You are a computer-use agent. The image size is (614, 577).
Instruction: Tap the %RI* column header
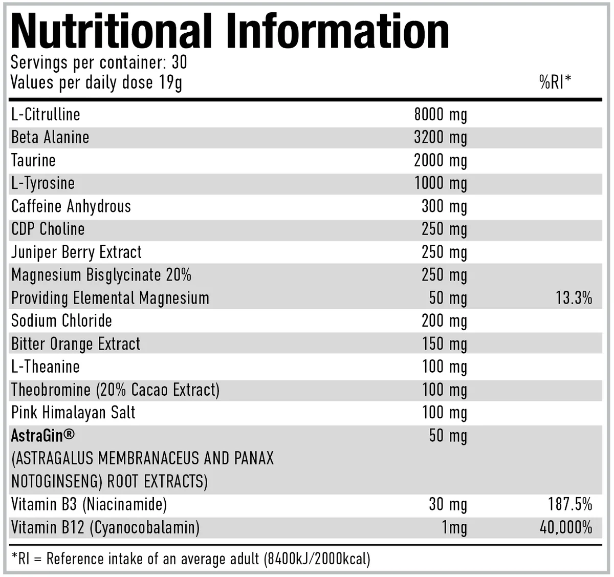pyautogui.click(x=555, y=82)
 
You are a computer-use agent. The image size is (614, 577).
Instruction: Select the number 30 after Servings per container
pyautogui.click(x=179, y=62)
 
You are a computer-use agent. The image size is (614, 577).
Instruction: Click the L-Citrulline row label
pyautogui.click(x=46, y=114)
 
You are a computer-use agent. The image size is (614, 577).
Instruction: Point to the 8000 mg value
pyautogui.click(x=440, y=115)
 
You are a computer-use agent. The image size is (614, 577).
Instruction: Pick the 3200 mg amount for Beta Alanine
pyautogui.click(x=440, y=138)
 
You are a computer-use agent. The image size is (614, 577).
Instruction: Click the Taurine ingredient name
pyautogui.click(x=33, y=160)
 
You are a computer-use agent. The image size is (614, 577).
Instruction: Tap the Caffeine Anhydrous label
pyautogui.click(x=71, y=206)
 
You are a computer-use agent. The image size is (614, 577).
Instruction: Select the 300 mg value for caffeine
pyautogui.click(x=444, y=206)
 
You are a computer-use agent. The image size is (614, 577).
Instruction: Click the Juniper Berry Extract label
pyautogui.click(x=76, y=252)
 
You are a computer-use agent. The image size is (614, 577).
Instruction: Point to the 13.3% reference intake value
pyautogui.click(x=574, y=298)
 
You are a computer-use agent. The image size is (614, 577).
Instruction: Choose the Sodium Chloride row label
pyautogui.click(x=61, y=321)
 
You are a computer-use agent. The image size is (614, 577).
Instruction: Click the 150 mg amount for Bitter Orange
pyautogui.click(x=444, y=344)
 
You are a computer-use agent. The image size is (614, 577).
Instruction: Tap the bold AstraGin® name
pyautogui.click(x=42, y=436)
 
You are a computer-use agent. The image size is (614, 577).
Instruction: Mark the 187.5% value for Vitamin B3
pyautogui.click(x=570, y=504)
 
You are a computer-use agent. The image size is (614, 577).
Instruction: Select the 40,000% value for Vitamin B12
pyautogui.click(x=566, y=527)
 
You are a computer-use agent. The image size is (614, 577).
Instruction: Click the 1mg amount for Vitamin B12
pyautogui.click(x=454, y=527)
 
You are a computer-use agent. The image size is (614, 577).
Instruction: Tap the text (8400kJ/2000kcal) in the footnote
pyautogui.click(x=317, y=559)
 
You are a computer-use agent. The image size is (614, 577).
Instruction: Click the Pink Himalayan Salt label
pyautogui.click(x=73, y=413)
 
